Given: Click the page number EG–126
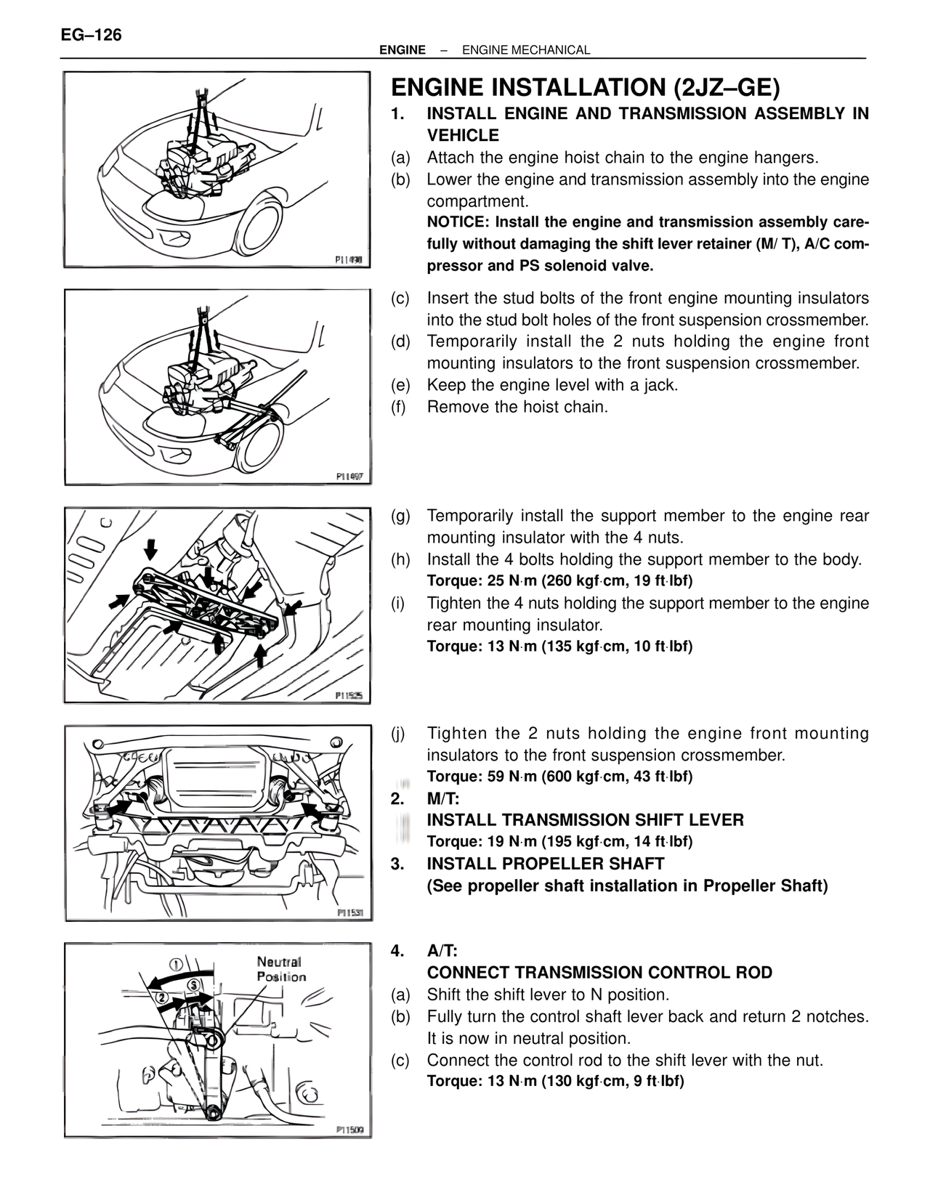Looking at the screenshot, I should (91, 35).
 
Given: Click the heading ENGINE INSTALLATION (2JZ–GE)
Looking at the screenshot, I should (585, 87).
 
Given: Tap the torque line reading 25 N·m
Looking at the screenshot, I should (559, 581).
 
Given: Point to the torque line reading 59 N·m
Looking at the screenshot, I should (559, 777).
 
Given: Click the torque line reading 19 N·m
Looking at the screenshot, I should (559, 842).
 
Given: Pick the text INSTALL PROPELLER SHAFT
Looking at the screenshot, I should (545, 864).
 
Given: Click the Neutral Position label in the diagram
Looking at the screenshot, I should (280, 969).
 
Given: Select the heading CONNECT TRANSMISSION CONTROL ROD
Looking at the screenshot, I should (599, 973).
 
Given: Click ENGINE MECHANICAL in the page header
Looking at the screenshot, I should (526, 50).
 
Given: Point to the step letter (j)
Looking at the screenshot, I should (398, 734).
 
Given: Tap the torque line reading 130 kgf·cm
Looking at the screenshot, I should (556, 1081).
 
